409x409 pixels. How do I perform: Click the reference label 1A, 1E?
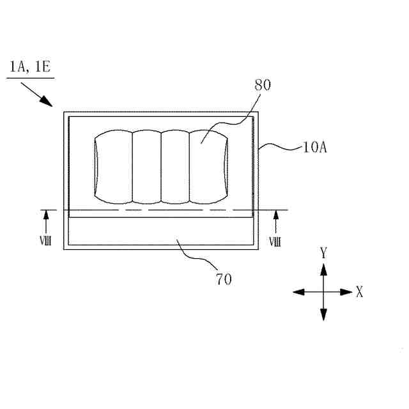29,66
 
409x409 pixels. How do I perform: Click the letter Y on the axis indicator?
324,254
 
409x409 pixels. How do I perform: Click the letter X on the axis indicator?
360,292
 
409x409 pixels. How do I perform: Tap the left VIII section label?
46,242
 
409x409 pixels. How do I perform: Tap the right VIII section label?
275,242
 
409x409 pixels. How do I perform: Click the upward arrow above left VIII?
46,220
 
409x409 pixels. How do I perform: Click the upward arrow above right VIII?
275,220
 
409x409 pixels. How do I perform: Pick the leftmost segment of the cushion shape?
113,166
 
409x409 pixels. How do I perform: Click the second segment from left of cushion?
146,166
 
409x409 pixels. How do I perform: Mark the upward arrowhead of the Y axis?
324,268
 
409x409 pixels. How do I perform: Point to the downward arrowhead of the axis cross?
324,314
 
